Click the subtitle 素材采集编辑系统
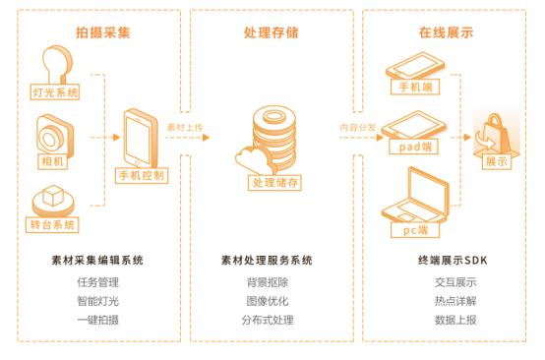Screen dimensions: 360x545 pyautogui.click(x=97, y=262)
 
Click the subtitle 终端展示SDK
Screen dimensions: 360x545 pyautogui.click(x=447, y=262)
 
